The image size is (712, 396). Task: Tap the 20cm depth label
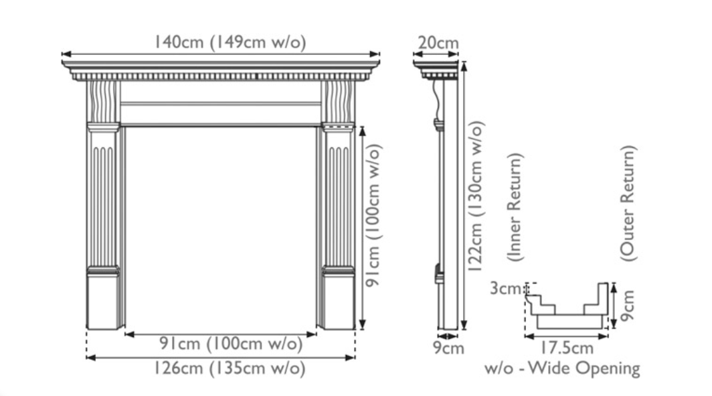pos(438,44)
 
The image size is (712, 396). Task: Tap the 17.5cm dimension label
pos(566,348)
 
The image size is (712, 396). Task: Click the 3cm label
pos(505,289)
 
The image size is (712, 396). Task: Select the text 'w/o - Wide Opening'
pos(562,368)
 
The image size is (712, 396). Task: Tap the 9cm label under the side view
pos(448,348)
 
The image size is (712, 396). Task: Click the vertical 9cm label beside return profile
pos(626,305)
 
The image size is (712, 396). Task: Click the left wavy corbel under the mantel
pos(104,101)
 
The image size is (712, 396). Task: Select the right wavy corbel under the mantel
pos(338,101)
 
